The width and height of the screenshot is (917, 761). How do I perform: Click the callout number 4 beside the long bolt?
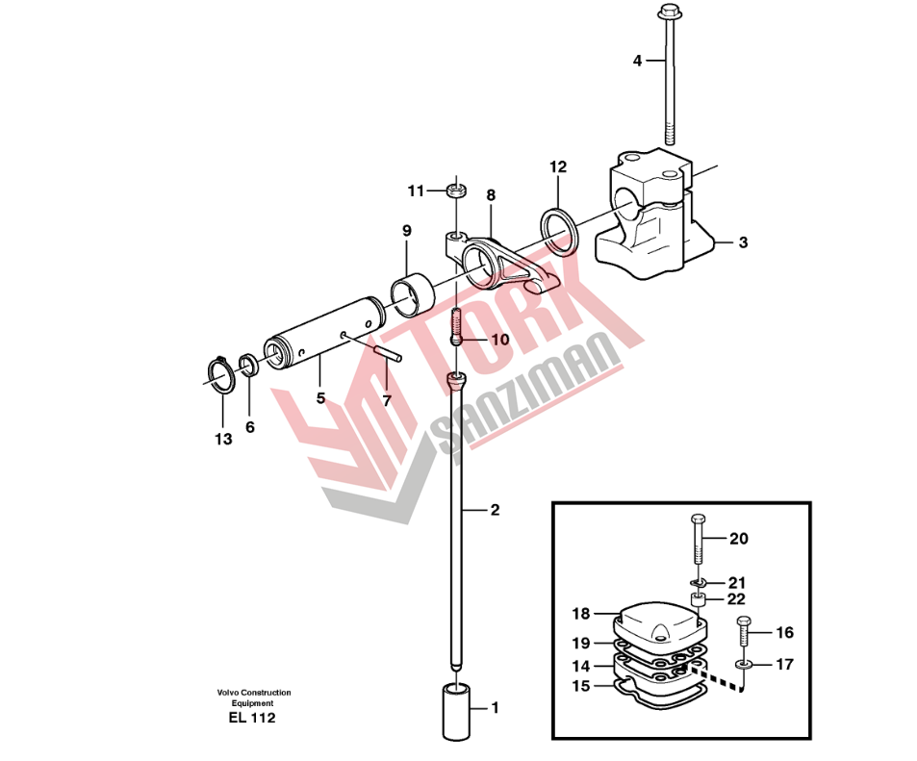point(637,61)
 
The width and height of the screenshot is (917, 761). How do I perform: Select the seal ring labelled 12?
point(560,231)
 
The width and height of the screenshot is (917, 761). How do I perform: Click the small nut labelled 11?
point(456,190)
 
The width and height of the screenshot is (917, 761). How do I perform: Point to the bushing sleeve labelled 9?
point(413,294)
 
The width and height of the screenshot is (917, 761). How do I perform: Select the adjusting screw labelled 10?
point(457,327)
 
